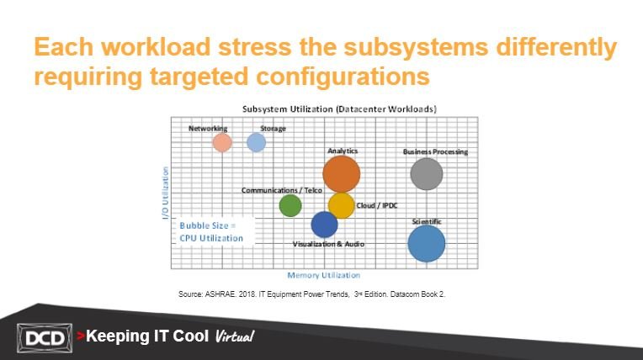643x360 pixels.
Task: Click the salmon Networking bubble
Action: (222, 143)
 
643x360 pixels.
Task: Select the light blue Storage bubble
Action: (257, 142)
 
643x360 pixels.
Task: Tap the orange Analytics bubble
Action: (342, 174)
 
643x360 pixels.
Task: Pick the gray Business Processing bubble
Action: (427, 174)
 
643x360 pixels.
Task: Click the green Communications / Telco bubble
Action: (290, 205)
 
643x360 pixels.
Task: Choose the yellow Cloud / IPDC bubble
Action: (341, 205)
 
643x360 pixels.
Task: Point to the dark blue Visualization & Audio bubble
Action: (324, 225)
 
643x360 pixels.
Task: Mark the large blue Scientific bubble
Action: (427, 244)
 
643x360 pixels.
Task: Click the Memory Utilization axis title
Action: (323, 275)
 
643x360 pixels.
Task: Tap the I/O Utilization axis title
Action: (165, 193)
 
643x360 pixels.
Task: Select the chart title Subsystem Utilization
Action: (339, 109)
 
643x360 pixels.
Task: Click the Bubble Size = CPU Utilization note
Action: (211, 231)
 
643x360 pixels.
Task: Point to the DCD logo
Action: (45, 338)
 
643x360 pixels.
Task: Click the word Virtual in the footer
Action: (235, 336)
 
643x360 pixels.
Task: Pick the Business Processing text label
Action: (435, 151)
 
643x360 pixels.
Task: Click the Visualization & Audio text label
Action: (328, 244)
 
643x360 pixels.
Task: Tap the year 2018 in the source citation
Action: (247, 294)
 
